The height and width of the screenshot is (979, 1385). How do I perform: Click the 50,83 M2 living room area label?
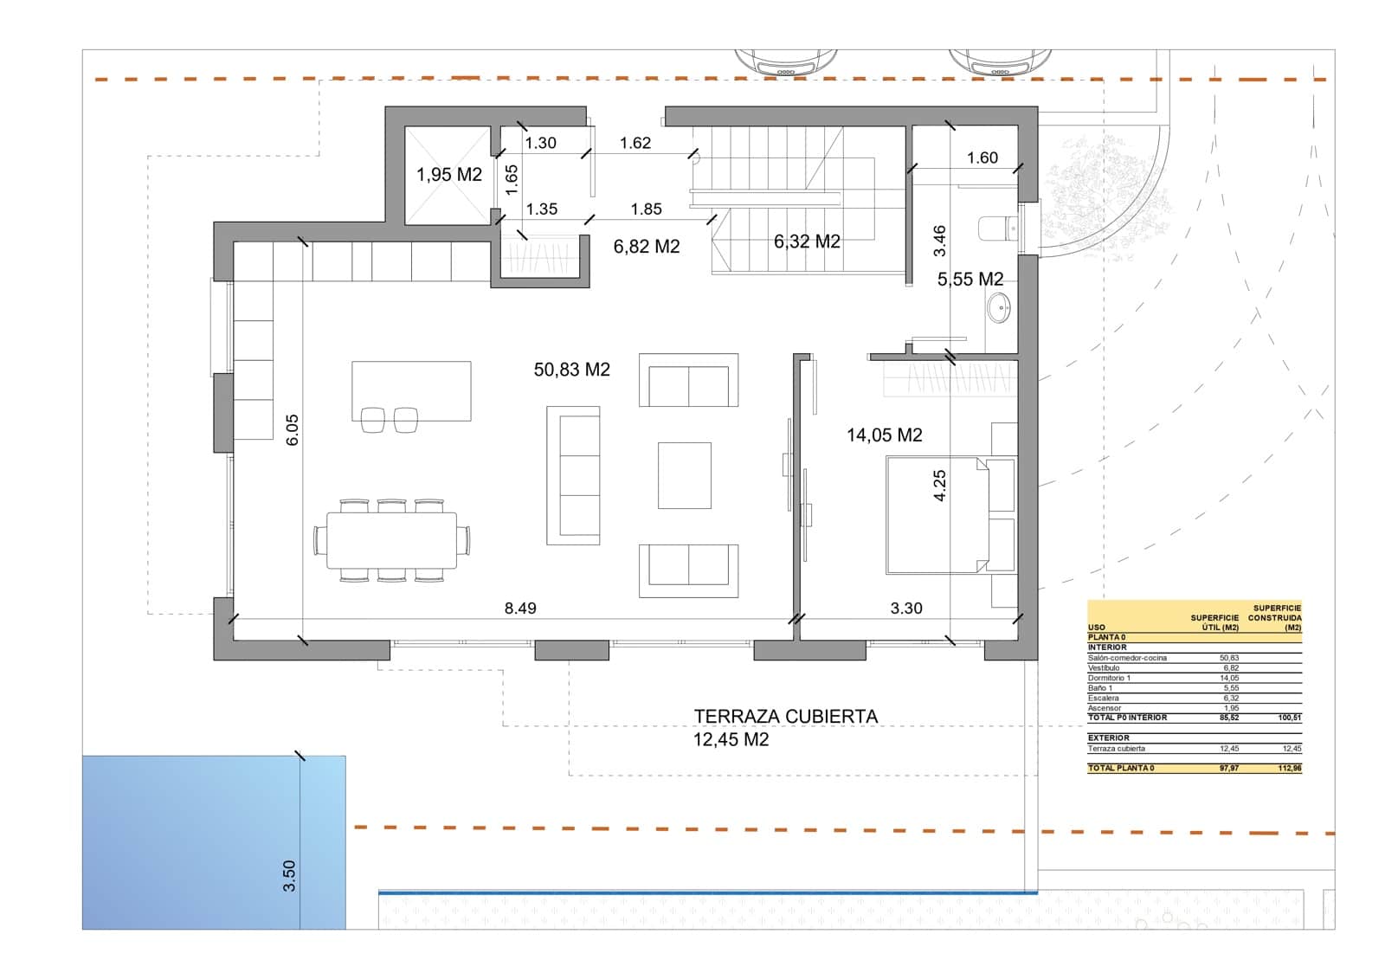click(x=571, y=370)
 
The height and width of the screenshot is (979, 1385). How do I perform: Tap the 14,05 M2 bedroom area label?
click(x=884, y=435)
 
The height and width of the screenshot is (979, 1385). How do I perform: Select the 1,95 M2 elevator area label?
click(x=448, y=175)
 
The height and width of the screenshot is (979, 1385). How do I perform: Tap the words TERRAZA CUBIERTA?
click(x=785, y=717)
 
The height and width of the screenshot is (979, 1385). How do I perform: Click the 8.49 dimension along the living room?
click(x=520, y=609)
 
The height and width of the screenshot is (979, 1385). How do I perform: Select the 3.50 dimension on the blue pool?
click(x=289, y=875)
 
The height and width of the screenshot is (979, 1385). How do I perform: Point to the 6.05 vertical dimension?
click(x=293, y=429)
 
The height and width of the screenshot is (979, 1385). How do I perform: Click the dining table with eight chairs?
click(x=391, y=540)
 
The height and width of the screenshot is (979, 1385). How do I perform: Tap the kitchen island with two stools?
click(x=411, y=390)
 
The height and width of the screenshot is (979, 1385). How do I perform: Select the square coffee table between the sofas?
click(x=684, y=475)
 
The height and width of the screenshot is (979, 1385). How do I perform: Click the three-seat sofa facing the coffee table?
click(x=573, y=475)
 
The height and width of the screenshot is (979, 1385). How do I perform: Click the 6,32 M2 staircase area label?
click(x=806, y=242)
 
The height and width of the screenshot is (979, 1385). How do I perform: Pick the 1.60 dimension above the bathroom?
click(x=982, y=158)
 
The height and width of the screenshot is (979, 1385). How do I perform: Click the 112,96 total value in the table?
click(x=1289, y=768)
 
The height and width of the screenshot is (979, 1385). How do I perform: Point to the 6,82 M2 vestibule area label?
click(x=646, y=247)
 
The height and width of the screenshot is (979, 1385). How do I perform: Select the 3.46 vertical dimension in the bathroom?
click(x=939, y=241)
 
